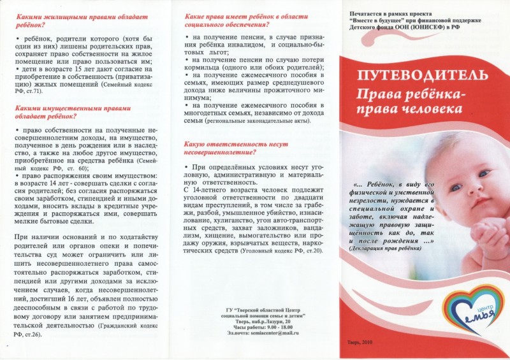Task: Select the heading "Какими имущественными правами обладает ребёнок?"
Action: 59,112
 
